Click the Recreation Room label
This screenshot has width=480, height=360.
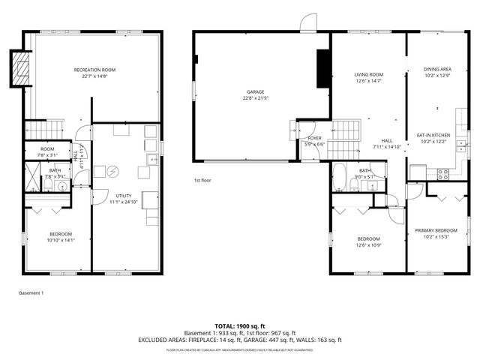(94, 70)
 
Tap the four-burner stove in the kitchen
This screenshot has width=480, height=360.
(442, 173)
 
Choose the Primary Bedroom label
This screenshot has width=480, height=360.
(436, 230)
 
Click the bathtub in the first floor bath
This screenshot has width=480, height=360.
(339, 177)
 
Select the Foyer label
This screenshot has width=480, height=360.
(315, 138)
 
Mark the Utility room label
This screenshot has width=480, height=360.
(124, 196)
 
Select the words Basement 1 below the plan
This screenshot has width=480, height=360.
(31, 292)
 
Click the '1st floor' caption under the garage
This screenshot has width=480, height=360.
(202, 180)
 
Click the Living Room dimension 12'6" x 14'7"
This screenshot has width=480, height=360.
(369, 80)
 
